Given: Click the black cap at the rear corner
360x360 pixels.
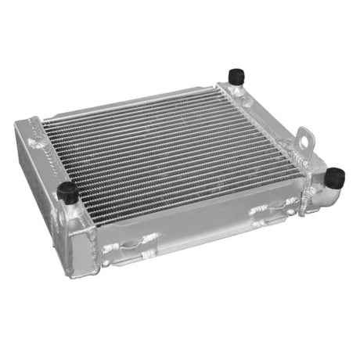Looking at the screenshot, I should coord(236,75).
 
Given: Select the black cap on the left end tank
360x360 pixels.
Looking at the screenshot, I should coord(68,192).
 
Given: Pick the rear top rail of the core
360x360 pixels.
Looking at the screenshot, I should coord(133,106).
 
